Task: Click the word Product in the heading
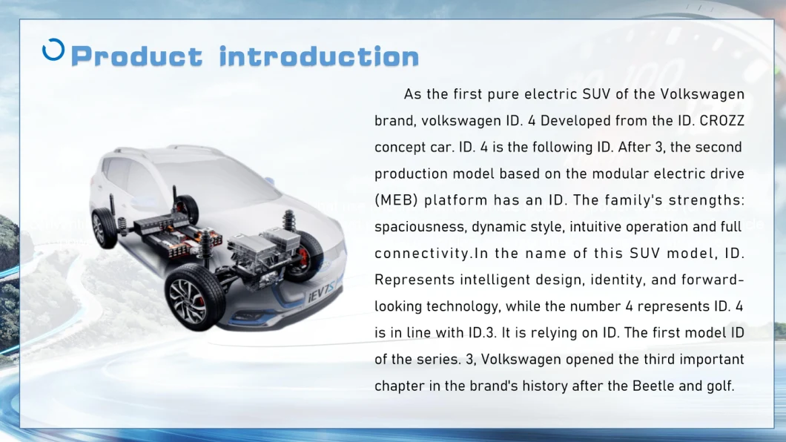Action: (136, 56)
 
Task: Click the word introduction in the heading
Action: (319, 56)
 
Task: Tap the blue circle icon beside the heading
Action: (53, 50)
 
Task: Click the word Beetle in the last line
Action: (653, 386)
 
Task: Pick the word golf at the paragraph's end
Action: (719, 386)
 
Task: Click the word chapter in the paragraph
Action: (399, 386)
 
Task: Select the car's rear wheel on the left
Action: (104, 228)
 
